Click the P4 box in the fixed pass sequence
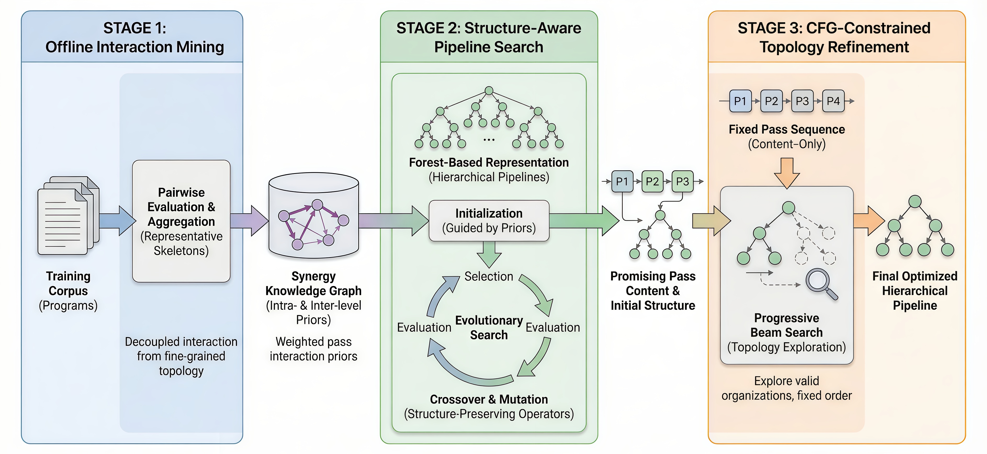833,101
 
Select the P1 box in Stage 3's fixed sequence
740,101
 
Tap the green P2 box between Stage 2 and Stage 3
652,181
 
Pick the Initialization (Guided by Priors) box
489,221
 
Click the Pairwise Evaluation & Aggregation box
181,221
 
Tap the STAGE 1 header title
134,37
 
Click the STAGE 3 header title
834,37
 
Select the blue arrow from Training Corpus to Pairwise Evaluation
117,221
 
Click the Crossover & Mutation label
489,399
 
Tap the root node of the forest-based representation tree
489,91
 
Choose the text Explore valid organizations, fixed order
787,388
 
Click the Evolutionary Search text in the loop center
489,328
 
